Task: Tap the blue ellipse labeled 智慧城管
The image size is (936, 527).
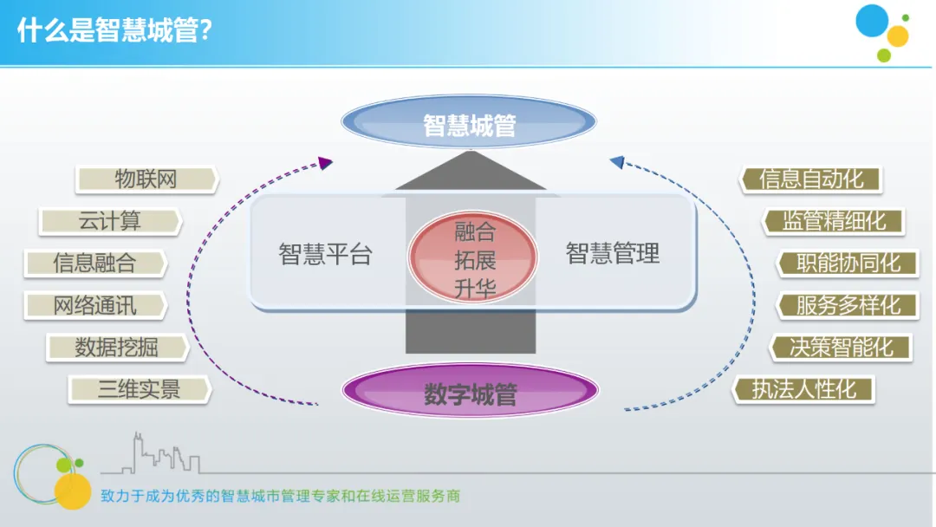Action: [x=470, y=126]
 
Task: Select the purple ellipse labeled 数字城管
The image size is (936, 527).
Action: [x=471, y=394]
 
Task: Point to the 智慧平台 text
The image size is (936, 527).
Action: [x=325, y=254]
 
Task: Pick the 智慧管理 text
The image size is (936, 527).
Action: [x=613, y=254]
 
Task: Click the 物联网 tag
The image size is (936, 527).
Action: [x=146, y=179]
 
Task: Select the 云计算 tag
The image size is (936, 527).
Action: [x=110, y=221]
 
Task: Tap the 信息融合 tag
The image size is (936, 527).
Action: [x=95, y=263]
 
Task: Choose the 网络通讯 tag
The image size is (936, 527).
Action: [x=95, y=305]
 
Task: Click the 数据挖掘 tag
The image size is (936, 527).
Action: [x=117, y=348]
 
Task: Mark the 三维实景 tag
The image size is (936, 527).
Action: [x=140, y=389]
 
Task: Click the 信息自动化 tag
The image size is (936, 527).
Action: [x=811, y=179]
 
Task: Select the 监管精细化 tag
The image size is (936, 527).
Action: [x=834, y=221]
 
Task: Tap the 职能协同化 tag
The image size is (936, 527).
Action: [x=848, y=263]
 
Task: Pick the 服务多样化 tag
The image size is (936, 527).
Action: [x=848, y=305]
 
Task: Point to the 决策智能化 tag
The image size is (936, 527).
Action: [x=841, y=348]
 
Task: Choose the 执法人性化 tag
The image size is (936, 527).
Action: [x=803, y=389]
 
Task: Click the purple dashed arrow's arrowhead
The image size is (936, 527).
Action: [x=326, y=162]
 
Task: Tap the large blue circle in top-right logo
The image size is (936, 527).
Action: [x=872, y=21]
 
